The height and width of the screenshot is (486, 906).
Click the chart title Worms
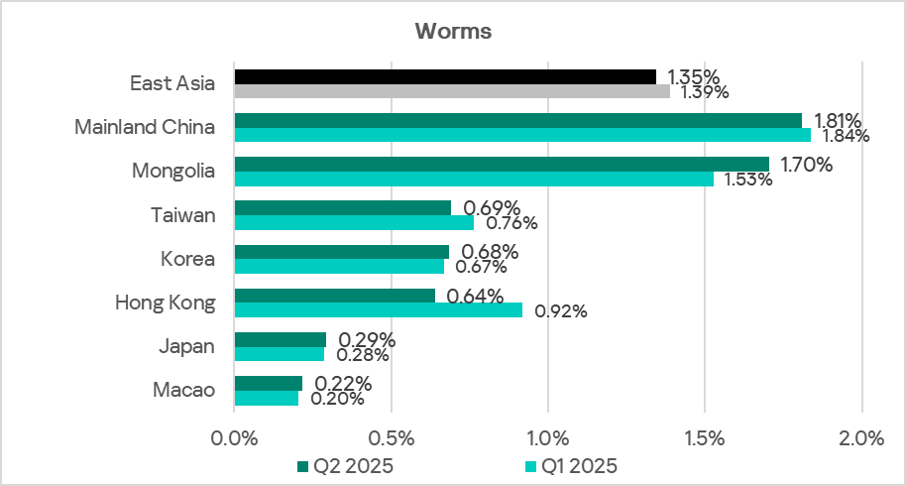click(x=453, y=31)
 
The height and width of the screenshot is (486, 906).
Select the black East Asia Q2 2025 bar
click(x=445, y=76)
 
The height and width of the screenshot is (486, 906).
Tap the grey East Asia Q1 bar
click(x=452, y=91)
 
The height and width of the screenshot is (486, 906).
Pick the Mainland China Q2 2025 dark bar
click(x=517, y=120)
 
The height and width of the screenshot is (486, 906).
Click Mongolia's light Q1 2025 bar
click(x=474, y=179)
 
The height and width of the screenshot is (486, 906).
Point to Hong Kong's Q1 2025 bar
click(x=378, y=309)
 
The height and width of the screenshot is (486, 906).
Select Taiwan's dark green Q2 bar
click(x=342, y=207)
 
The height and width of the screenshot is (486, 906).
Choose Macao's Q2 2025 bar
click(x=268, y=383)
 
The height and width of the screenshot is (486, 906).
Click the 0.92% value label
click(x=561, y=310)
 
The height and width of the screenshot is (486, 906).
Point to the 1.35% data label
click(x=694, y=76)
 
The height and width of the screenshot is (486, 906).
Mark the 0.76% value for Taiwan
click(x=511, y=223)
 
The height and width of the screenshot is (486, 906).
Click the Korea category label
click(x=188, y=259)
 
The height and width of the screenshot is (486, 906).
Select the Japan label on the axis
click(x=187, y=346)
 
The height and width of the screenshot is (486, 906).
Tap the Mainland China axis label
click(x=146, y=127)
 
